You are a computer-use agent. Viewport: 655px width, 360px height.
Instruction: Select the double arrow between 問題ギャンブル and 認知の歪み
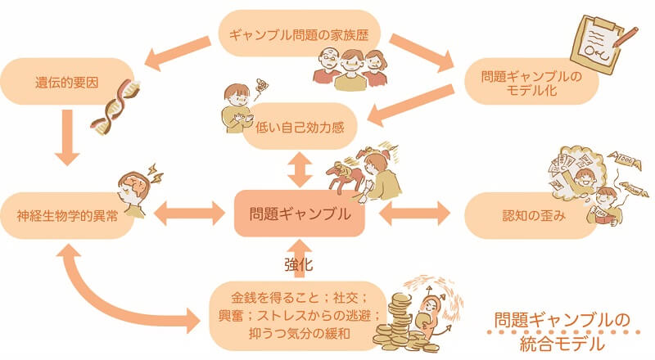pyautogui.click(x=415, y=215)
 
